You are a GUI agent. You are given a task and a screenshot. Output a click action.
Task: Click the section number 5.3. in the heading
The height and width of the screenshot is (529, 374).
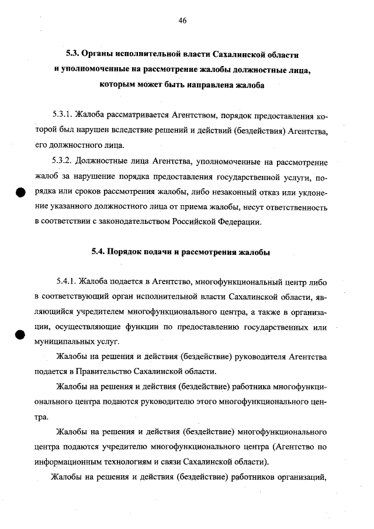[x=72, y=54]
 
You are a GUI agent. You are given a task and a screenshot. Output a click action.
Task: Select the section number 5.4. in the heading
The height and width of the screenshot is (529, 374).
[x=98, y=253]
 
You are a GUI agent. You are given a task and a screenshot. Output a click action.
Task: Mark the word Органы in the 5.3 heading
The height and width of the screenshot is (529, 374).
[x=97, y=54]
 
